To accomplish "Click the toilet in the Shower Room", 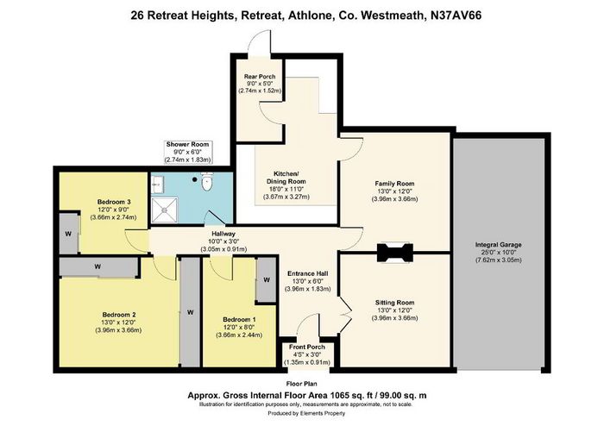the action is coord(207,182).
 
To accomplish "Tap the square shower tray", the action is coord(165,210).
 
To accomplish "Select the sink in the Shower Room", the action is coord(158,185).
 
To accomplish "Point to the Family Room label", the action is coord(394,184).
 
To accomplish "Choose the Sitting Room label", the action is coord(395,303).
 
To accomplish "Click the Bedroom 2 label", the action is coord(119,315).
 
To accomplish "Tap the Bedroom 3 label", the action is coord(114,202).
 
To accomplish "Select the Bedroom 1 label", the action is coord(239,319).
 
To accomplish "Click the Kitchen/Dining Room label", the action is coord(286,177).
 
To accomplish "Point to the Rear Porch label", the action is coord(260,77).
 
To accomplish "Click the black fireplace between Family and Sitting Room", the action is coord(395,253).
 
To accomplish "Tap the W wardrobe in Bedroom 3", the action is coord(68,233).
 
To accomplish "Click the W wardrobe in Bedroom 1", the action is coord(266,279).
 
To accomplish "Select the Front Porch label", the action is coord(307,348).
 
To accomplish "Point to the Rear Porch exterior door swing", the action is coord(259,42).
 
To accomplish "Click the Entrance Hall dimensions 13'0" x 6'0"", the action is coord(308,281).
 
